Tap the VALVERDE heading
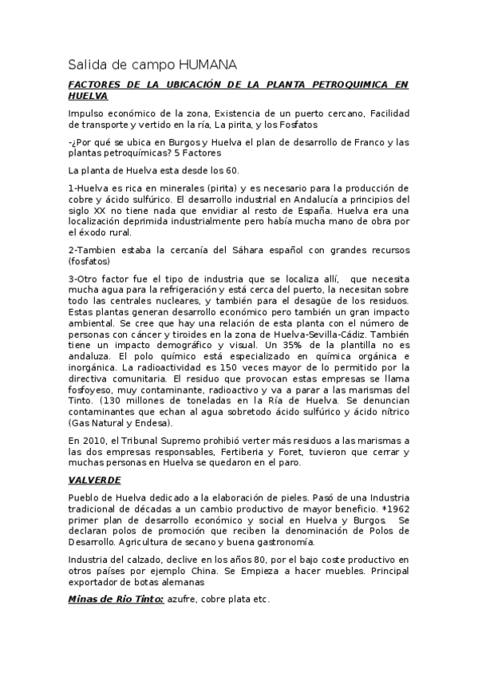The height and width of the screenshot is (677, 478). coord(95,480)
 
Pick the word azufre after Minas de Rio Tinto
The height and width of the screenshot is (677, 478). coord(184,599)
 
